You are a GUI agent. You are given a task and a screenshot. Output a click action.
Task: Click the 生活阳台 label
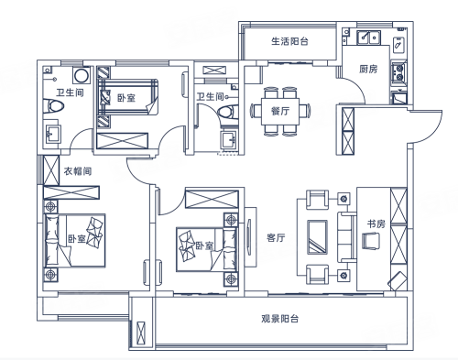(289, 41)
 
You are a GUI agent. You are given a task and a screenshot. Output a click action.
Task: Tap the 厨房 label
(368, 70)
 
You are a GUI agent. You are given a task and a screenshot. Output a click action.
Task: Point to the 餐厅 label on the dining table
(280, 111)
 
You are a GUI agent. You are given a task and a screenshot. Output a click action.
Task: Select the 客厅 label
(276, 237)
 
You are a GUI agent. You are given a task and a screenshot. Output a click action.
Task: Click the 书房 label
(376, 224)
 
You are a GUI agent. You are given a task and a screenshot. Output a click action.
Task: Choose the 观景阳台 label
(279, 319)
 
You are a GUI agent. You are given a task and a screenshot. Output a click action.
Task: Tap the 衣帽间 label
(78, 171)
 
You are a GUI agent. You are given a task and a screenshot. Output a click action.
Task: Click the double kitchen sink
(369, 38)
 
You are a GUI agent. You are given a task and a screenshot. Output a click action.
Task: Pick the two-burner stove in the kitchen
(398, 72)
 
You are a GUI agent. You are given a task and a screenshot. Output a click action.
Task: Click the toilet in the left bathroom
(54, 106)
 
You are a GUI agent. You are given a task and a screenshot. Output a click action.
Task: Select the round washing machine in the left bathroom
(82, 75)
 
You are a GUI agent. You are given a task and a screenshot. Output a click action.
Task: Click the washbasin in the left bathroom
(52, 134)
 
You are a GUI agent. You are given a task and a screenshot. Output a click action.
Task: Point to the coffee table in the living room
(317, 236)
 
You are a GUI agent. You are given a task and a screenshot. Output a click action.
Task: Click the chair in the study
(371, 240)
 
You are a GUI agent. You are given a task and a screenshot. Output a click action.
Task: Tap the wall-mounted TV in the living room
(249, 236)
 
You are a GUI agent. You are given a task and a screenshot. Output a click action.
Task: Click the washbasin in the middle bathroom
(229, 140)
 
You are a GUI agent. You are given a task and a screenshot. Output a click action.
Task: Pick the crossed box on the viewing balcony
(141, 333)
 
